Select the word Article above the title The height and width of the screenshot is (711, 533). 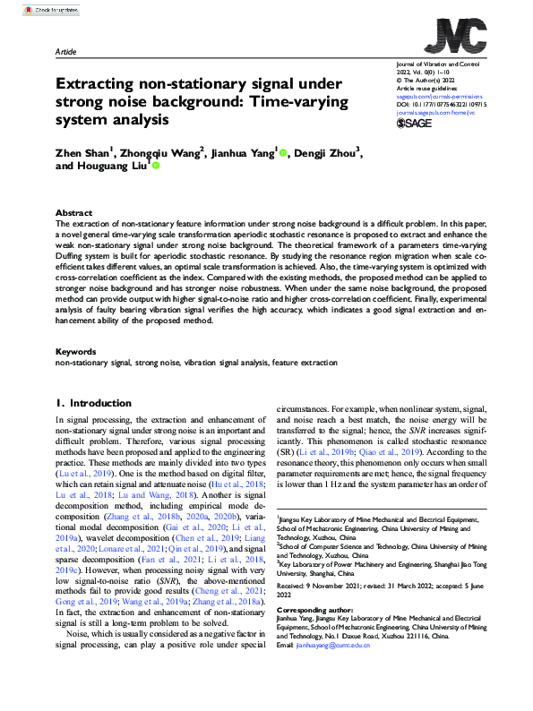point(67,53)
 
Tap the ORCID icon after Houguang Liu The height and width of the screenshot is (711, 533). point(155,167)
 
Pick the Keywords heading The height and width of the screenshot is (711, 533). point(75,352)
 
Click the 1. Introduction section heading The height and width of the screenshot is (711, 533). point(93,404)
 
